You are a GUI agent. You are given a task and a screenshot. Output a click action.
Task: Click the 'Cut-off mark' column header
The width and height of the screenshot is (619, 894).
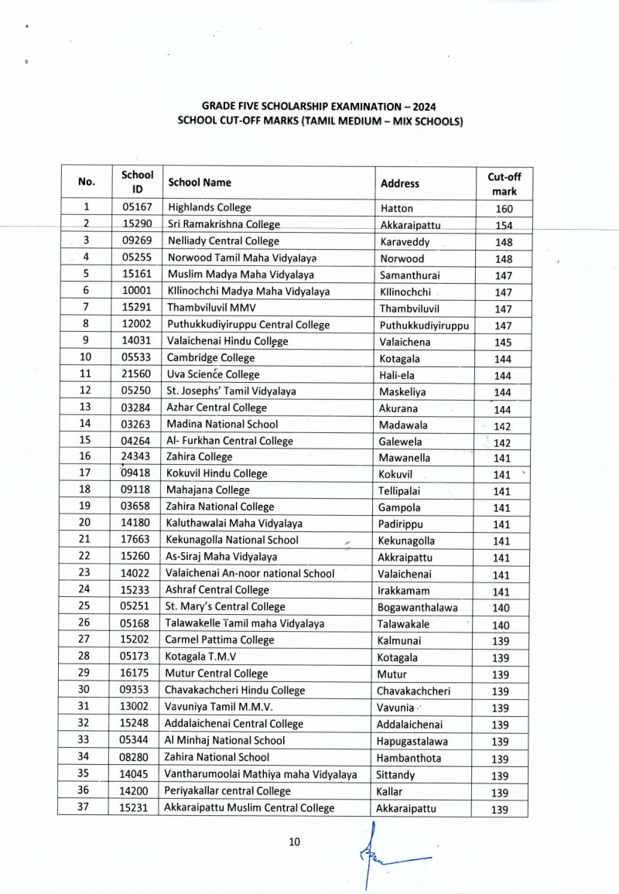coord(504,183)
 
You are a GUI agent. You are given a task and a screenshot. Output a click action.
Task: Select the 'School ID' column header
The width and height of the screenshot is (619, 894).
coord(138,183)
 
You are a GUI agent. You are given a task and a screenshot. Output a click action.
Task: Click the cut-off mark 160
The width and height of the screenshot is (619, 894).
coord(504,209)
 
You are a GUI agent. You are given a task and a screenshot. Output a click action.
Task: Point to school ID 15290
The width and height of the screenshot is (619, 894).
coord(137,224)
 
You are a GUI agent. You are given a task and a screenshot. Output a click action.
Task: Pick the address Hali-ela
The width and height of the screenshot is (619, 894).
coord(399,375)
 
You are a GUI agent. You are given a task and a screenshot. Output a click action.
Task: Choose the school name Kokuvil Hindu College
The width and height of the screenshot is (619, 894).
coord(217,473)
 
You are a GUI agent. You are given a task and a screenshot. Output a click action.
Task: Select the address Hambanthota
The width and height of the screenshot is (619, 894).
coord(409,758)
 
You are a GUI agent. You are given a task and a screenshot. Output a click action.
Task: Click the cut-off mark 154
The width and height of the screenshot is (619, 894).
coord(504,225)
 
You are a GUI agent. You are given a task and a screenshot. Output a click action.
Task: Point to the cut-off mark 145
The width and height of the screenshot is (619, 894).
coord(504,343)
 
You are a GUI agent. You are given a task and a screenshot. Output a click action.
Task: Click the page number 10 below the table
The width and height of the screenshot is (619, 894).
coord(293,842)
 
